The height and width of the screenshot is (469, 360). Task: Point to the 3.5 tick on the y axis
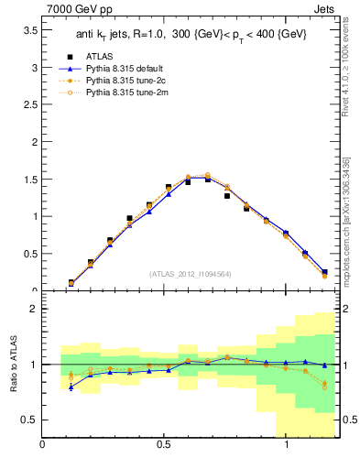[29, 30]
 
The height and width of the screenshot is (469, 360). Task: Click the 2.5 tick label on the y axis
[29, 105]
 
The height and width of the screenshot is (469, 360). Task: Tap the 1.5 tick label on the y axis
[29, 180]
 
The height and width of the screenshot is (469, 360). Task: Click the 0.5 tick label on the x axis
[165, 445]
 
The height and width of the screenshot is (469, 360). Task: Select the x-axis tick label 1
[288, 445]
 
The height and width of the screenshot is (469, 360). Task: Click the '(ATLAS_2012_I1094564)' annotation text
[191, 273]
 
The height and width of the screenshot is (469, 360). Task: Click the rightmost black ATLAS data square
[324, 272]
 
